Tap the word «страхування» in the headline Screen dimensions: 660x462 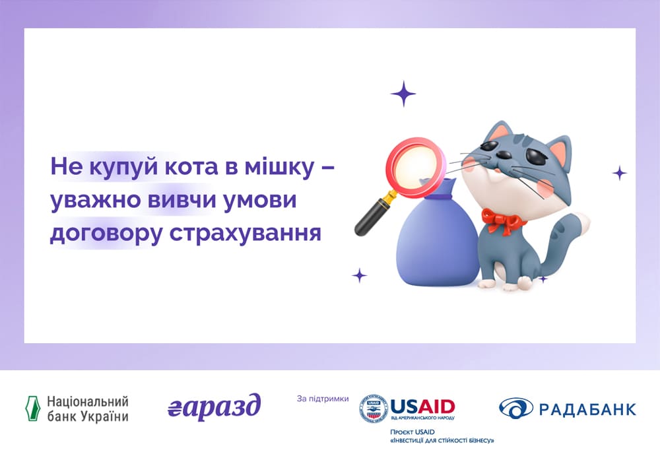pos(246,234)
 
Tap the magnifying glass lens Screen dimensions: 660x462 pos(416,166)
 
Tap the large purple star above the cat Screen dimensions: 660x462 pos(403,94)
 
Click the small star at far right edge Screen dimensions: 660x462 pos(619,173)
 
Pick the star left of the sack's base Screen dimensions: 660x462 pos(360,276)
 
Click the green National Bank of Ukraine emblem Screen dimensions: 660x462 pos(32,408)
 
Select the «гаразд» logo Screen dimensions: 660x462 pos(214,408)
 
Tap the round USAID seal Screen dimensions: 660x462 pos(374,408)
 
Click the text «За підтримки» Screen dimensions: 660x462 pos(323,399)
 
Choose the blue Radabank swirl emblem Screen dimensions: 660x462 pos(516,408)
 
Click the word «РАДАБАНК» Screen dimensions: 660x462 pos(587,409)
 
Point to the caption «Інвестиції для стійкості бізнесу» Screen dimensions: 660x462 pos(442,440)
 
